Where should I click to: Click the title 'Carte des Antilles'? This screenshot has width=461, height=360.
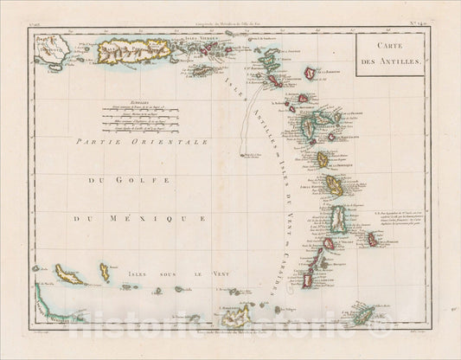click(x=390, y=55)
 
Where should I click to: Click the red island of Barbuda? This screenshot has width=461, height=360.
click(x=310, y=74)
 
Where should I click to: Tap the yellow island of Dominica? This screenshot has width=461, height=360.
click(x=323, y=159)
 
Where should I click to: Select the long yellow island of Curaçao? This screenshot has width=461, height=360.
click(x=68, y=277)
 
